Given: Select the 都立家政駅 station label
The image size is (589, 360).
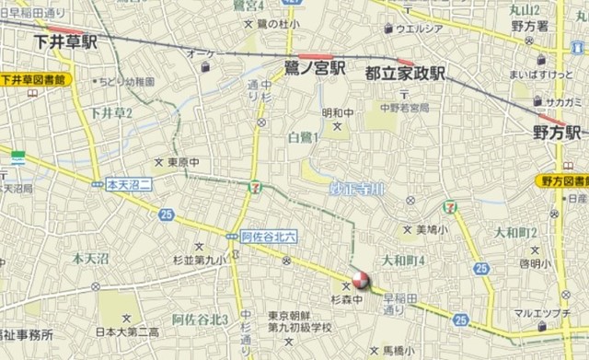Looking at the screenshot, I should tap(405, 71).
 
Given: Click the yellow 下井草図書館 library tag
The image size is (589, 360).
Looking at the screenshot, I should tap(35, 79).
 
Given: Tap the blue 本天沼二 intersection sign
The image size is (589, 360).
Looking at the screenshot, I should tap(127, 184).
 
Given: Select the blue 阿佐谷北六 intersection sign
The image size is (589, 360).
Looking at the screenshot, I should tap(265, 236).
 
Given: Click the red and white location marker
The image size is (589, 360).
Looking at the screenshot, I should tap(360, 282).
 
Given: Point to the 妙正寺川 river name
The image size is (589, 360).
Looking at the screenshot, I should tap(357, 188).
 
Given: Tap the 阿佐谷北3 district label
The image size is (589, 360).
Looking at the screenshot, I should tap(200, 319).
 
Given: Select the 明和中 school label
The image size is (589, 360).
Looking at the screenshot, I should tap(337, 113).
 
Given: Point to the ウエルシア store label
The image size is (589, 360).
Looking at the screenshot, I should tap(420, 29).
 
